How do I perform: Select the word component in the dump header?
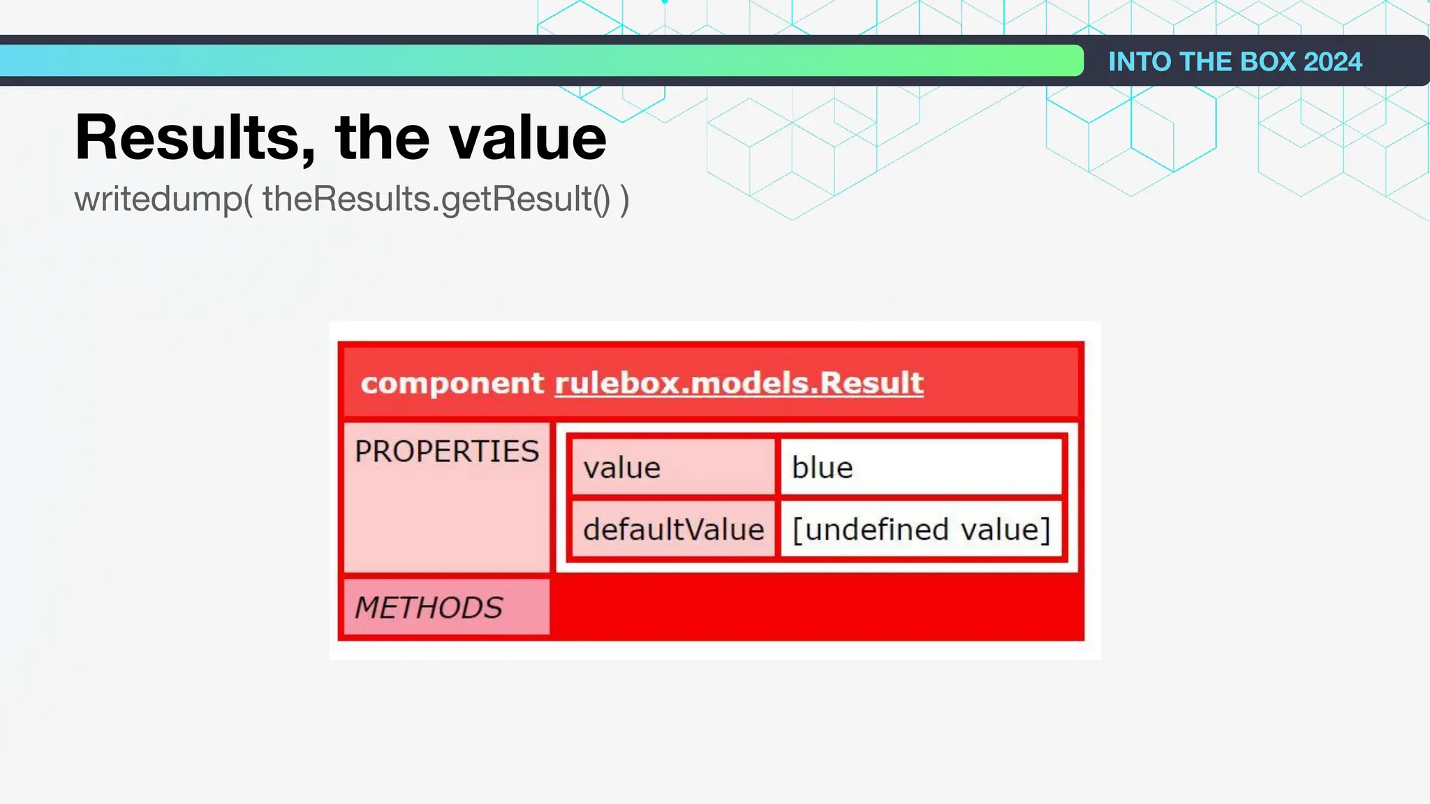pyautogui.click(x=452, y=383)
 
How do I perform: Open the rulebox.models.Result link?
pyautogui.click(x=739, y=383)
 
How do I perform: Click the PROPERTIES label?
pyautogui.click(x=447, y=452)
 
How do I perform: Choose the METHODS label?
pyautogui.click(x=429, y=608)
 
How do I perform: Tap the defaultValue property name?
pyautogui.click(x=674, y=530)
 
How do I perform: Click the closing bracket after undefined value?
pyautogui.click(x=1046, y=530)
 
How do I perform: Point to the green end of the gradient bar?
pyautogui.click(x=1061, y=61)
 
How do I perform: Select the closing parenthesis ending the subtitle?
pyautogui.click(x=624, y=199)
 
